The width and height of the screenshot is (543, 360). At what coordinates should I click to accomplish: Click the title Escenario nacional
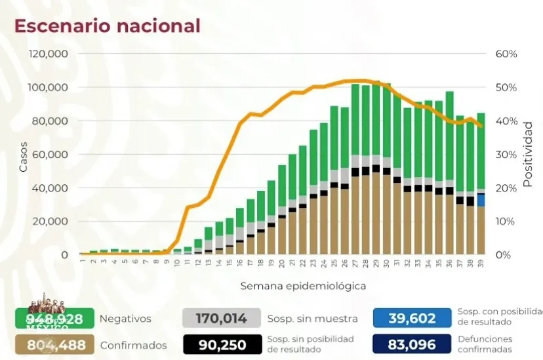tap(108, 26)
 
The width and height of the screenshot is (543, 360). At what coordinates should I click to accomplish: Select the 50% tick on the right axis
tap(506, 87)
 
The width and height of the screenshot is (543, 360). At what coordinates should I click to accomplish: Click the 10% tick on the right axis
tap(506, 221)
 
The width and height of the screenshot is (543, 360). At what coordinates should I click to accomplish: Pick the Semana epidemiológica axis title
tap(303, 286)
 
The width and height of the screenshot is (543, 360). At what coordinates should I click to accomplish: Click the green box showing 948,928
tap(54, 319)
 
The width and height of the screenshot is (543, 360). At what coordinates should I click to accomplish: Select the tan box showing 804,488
tap(54, 345)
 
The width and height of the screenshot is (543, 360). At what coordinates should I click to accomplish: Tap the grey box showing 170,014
tap(222, 319)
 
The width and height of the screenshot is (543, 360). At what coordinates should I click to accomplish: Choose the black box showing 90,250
tap(222, 345)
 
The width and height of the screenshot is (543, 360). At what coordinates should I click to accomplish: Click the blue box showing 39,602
tap(412, 319)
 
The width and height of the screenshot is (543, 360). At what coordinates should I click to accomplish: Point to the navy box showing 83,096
tap(412, 345)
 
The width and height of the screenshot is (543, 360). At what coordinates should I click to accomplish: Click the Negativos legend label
tap(125, 319)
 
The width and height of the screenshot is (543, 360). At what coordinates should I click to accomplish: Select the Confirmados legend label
tap(133, 345)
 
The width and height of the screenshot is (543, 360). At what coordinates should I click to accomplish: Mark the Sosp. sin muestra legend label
tap(312, 319)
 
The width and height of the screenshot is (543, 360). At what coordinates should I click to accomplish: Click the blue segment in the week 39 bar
tap(481, 199)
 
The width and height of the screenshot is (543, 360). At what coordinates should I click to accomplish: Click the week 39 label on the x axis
tap(481, 262)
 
